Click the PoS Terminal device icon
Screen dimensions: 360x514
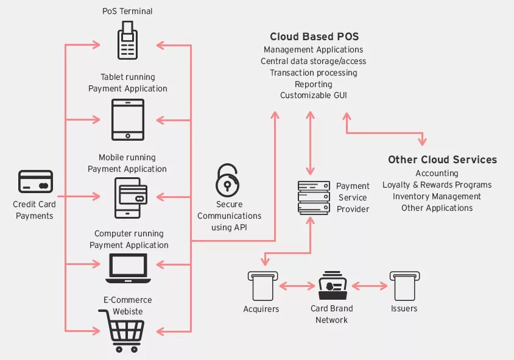click(127, 41)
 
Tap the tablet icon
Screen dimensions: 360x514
click(128, 119)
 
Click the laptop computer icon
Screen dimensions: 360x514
click(128, 268)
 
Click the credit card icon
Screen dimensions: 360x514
click(35, 182)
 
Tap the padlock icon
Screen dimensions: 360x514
click(228, 180)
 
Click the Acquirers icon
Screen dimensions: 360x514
click(262, 285)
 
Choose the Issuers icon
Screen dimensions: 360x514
click(404, 285)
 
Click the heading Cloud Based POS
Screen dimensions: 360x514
click(311, 37)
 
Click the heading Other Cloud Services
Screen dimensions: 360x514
click(442, 160)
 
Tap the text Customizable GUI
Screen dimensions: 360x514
click(313, 96)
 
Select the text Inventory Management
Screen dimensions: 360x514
click(437, 196)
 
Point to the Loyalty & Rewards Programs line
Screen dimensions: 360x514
click(437, 185)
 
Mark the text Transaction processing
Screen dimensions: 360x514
click(313, 72)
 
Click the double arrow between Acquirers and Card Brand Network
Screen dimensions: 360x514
click(297, 285)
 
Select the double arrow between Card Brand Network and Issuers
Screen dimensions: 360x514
click(369, 285)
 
